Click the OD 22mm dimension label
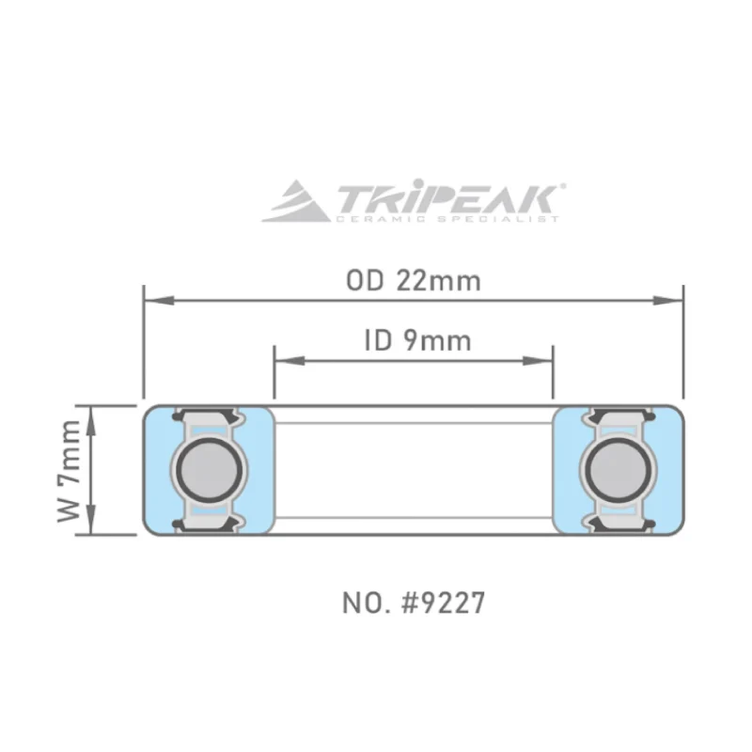point(413,281)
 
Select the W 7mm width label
point(69,470)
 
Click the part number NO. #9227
point(414,603)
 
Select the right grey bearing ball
point(618,469)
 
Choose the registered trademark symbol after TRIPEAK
point(562,187)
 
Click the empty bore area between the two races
point(413,470)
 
